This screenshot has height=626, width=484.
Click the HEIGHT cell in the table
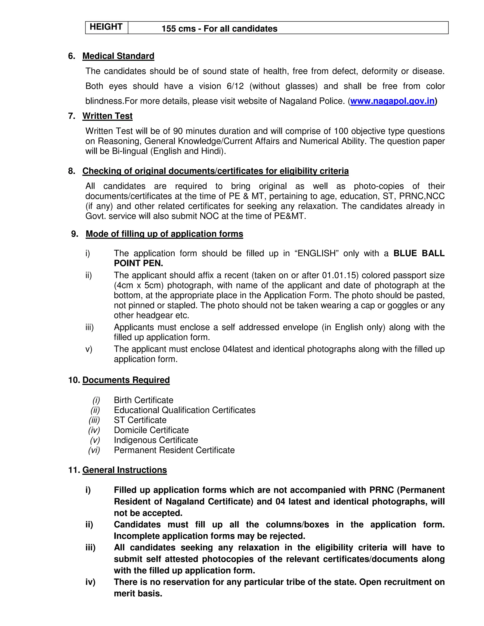[x=106, y=27]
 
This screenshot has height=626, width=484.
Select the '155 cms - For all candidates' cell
[x=219, y=29]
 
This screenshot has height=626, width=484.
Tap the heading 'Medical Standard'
[x=118, y=56]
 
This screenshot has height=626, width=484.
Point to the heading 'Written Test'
[x=107, y=116]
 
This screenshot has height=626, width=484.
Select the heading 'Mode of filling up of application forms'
[x=164, y=234]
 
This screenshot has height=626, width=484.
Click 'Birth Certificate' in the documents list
[x=143, y=400]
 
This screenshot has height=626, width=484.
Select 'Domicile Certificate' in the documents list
[x=151, y=430]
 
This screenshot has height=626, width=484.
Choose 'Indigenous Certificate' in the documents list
[x=156, y=440]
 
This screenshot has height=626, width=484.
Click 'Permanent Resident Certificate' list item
[x=174, y=450]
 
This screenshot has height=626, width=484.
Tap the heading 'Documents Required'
[x=126, y=380]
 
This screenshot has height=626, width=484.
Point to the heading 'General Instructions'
[x=125, y=470]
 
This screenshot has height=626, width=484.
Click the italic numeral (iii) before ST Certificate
[x=94, y=420]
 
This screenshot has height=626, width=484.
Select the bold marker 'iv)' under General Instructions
[x=90, y=582]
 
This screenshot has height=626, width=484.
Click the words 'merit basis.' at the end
[x=138, y=593]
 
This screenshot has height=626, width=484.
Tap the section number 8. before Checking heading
[x=71, y=171]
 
